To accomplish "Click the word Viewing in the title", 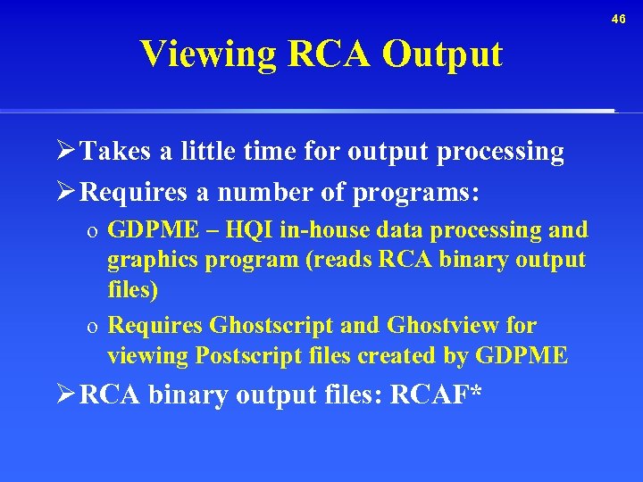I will pos(207,54).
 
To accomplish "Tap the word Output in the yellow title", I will pos(442,54).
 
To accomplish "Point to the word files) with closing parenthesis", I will pos(131,290).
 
